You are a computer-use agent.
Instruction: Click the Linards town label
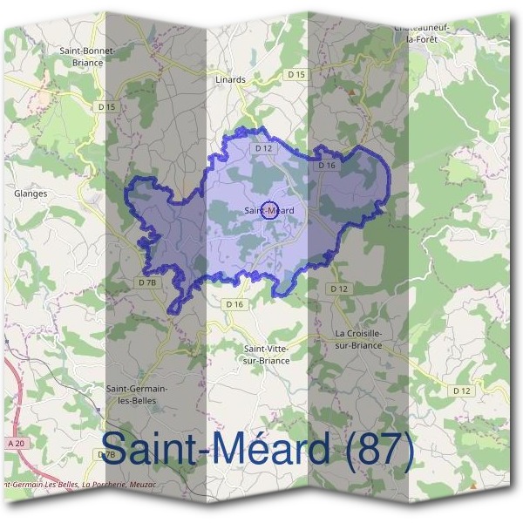coord(230,79)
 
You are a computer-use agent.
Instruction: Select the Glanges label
coord(31,194)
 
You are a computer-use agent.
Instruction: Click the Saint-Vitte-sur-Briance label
coord(266,354)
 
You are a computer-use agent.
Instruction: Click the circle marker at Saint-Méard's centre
coord(269,209)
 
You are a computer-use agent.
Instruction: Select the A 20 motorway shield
coord(15,444)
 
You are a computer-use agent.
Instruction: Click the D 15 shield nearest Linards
coord(297,75)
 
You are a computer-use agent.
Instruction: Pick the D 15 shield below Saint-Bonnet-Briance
coord(106,106)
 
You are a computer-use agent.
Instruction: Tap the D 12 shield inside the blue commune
coord(264,149)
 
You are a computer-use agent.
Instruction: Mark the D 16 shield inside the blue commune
coord(327,165)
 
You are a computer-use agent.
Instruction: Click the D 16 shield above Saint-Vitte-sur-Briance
coord(234,304)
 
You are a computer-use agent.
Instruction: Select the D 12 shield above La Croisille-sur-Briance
coord(338,289)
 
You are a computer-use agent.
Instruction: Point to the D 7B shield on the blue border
coord(147,282)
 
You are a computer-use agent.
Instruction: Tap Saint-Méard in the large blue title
coord(217,451)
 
